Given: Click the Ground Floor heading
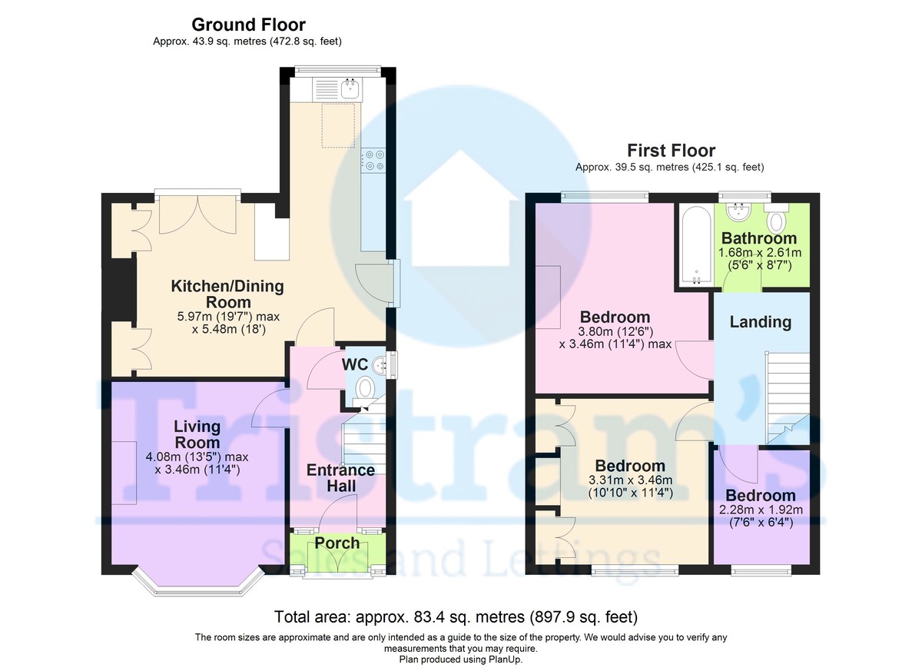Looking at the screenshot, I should pos(248,25).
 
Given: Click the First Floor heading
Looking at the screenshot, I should pos(671,150).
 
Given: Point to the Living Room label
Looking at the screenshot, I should pos(197,433).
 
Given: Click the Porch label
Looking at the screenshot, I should pos(337,543).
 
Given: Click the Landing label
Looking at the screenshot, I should pos(760,321).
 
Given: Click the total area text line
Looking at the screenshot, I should pos(456,616).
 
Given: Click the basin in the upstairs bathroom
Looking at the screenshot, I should pos(740,211).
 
